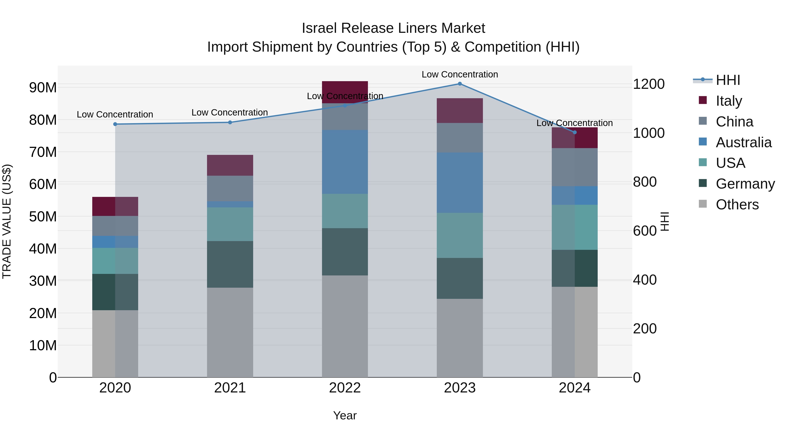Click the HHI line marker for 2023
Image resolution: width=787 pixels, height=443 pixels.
pyautogui.click(x=460, y=84)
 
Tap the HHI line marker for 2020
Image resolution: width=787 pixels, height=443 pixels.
pyautogui.click(x=115, y=124)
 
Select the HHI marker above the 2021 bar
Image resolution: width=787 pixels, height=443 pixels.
pyautogui.click(x=230, y=122)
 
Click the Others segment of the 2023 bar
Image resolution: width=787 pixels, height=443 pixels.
pyautogui.click(x=460, y=338)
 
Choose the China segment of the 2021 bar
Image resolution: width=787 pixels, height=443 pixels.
pyautogui.click(x=230, y=188)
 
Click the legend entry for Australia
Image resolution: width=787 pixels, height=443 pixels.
pyautogui.click(x=743, y=142)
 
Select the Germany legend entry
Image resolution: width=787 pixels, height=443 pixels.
pyautogui.click(x=745, y=184)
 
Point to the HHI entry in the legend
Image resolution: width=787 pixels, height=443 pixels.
pyautogui.click(x=728, y=80)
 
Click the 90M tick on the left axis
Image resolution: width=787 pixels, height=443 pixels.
pyautogui.click(x=43, y=88)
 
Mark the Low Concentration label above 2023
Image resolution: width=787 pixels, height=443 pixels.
pyautogui.click(x=460, y=74)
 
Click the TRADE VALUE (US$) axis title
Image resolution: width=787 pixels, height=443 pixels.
pyautogui.click(x=7, y=221)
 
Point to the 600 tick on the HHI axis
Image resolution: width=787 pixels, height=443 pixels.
pyautogui.click(x=645, y=231)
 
